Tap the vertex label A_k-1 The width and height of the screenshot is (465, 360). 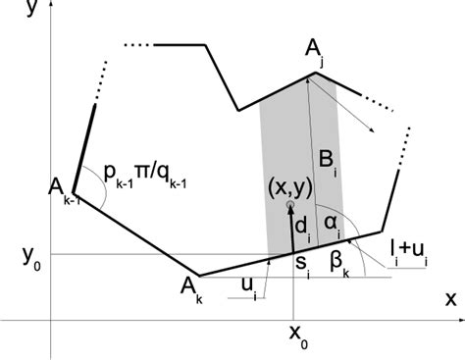(62, 191)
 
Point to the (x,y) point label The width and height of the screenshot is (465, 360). (291, 188)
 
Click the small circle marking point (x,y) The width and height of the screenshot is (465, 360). (290, 207)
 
